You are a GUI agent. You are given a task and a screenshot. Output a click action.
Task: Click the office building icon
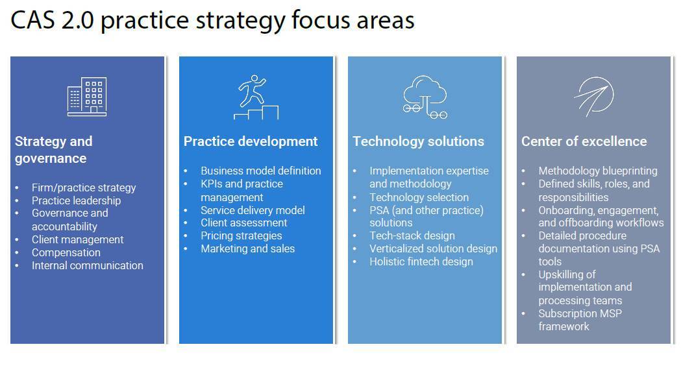point(87,97)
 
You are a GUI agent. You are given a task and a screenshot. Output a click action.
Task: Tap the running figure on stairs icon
point(256,97)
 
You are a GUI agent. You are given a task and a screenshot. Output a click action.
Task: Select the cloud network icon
point(425,97)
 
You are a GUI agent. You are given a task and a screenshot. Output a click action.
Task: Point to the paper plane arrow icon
point(594,97)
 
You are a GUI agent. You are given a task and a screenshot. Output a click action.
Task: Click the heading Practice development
point(251,141)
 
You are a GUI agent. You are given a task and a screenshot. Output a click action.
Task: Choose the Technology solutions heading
point(418,141)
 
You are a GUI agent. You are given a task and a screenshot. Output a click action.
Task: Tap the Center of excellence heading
point(584,141)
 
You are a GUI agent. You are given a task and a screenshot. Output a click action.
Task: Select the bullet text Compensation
point(66,252)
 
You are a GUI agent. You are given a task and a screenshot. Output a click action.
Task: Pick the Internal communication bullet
point(87,265)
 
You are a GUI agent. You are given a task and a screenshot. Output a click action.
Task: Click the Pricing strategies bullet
point(241,235)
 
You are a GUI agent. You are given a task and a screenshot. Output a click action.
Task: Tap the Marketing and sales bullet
point(247,248)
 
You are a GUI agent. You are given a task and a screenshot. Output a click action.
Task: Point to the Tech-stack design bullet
point(412,235)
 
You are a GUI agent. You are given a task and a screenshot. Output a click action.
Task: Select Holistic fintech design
point(421,262)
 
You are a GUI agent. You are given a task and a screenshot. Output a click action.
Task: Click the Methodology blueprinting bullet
point(598,171)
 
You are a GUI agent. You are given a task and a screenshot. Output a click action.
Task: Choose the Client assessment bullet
point(243,223)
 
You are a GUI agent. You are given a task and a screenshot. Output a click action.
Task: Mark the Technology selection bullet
point(419,197)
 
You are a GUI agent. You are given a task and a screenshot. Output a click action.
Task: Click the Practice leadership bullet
point(76,200)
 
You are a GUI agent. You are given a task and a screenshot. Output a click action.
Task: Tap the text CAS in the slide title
point(33,20)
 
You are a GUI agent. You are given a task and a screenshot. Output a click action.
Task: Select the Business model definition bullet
point(260,171)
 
